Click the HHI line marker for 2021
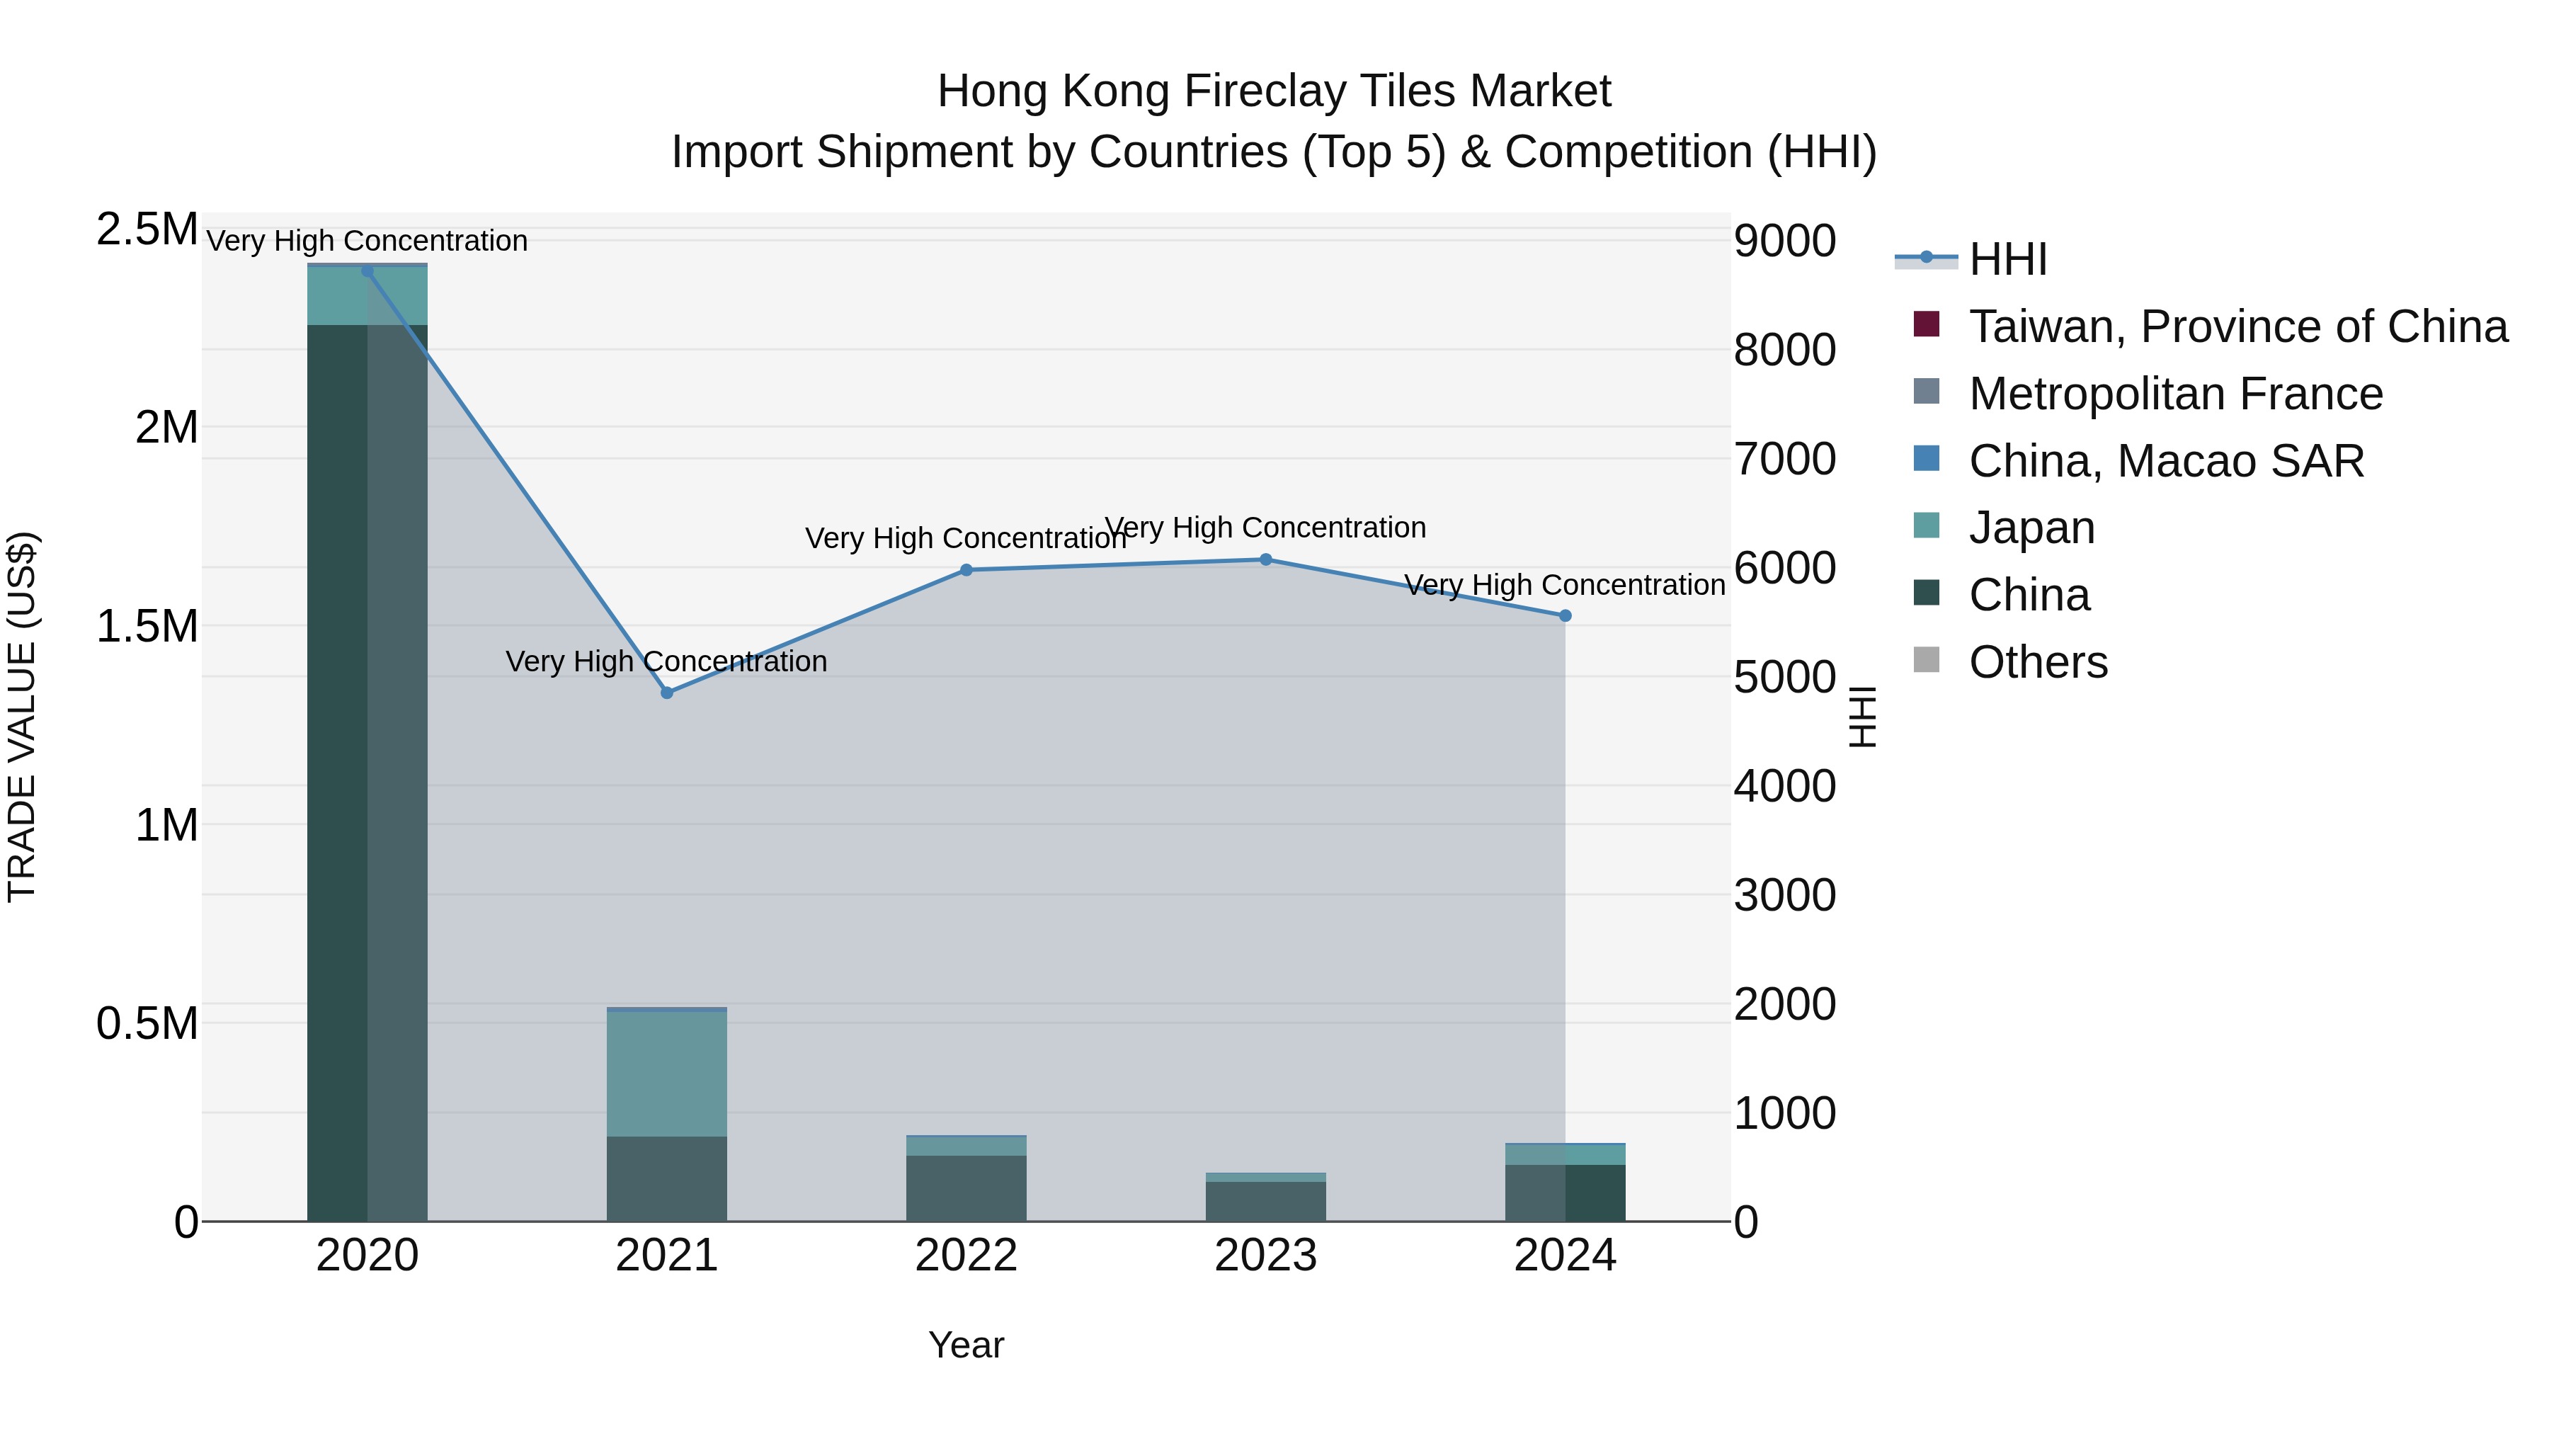tap(667, 693)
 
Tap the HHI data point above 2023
tap(1265, 559)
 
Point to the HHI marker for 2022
tap(966, 570)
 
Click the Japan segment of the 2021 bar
tap(667, 1074)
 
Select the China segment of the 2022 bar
tap(966, 1188)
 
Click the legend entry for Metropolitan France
tap(2175, 394)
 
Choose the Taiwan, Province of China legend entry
tap(2236, 326)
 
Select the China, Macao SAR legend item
tap(2165, 461)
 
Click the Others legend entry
tap(2036, 662)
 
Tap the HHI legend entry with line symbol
tap(2007, 259)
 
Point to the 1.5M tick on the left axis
tap(147, 627)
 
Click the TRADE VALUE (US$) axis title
tap(22, 717)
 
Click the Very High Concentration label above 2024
tap(1564, 585)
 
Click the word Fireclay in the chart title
tap(1270, 92)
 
